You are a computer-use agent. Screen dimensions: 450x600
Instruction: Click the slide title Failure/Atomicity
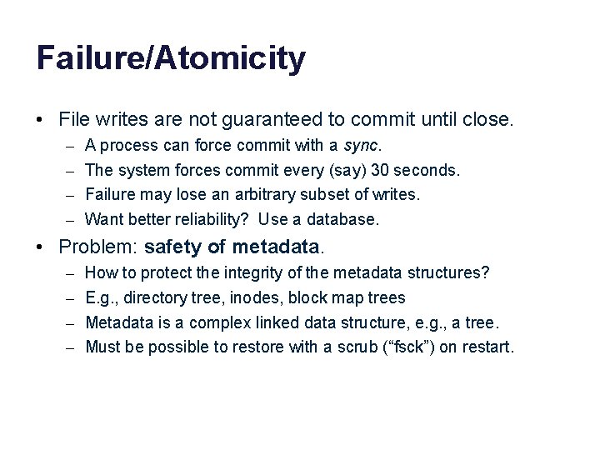click(171, 59)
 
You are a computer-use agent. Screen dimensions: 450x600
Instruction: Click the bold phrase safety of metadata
click(232, 247)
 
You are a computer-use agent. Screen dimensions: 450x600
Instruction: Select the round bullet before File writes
click(41, 120)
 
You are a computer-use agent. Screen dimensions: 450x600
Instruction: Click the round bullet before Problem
click(41, 247)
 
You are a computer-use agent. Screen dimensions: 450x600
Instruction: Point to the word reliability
click(210, 219)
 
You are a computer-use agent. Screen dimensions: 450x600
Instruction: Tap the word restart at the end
click(487, 346)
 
